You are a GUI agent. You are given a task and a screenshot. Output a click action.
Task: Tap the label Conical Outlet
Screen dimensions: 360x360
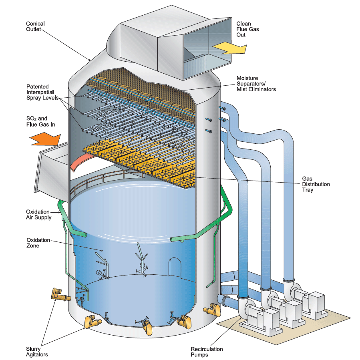click(x=35, y=26)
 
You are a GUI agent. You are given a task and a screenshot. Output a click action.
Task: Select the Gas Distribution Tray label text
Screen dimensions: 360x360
click(x=316, y=184)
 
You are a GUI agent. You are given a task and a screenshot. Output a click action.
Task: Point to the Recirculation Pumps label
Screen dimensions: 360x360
click(x=207, y=352)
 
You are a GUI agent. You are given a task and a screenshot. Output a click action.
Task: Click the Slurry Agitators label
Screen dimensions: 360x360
click(x=36, y=352)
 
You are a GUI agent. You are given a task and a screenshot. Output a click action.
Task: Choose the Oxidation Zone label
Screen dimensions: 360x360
click(x=38, y=243)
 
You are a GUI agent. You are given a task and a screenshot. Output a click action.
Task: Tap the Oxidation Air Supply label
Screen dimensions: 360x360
click(x=38, y=214)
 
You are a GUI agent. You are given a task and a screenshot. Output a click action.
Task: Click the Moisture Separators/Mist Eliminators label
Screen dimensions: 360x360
click(x=256, y=83)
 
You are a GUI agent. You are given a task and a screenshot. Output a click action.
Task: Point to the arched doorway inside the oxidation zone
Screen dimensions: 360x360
click(x=175, y=266)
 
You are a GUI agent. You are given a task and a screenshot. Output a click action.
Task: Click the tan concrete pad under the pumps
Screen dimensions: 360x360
click(x=316, y=326)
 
